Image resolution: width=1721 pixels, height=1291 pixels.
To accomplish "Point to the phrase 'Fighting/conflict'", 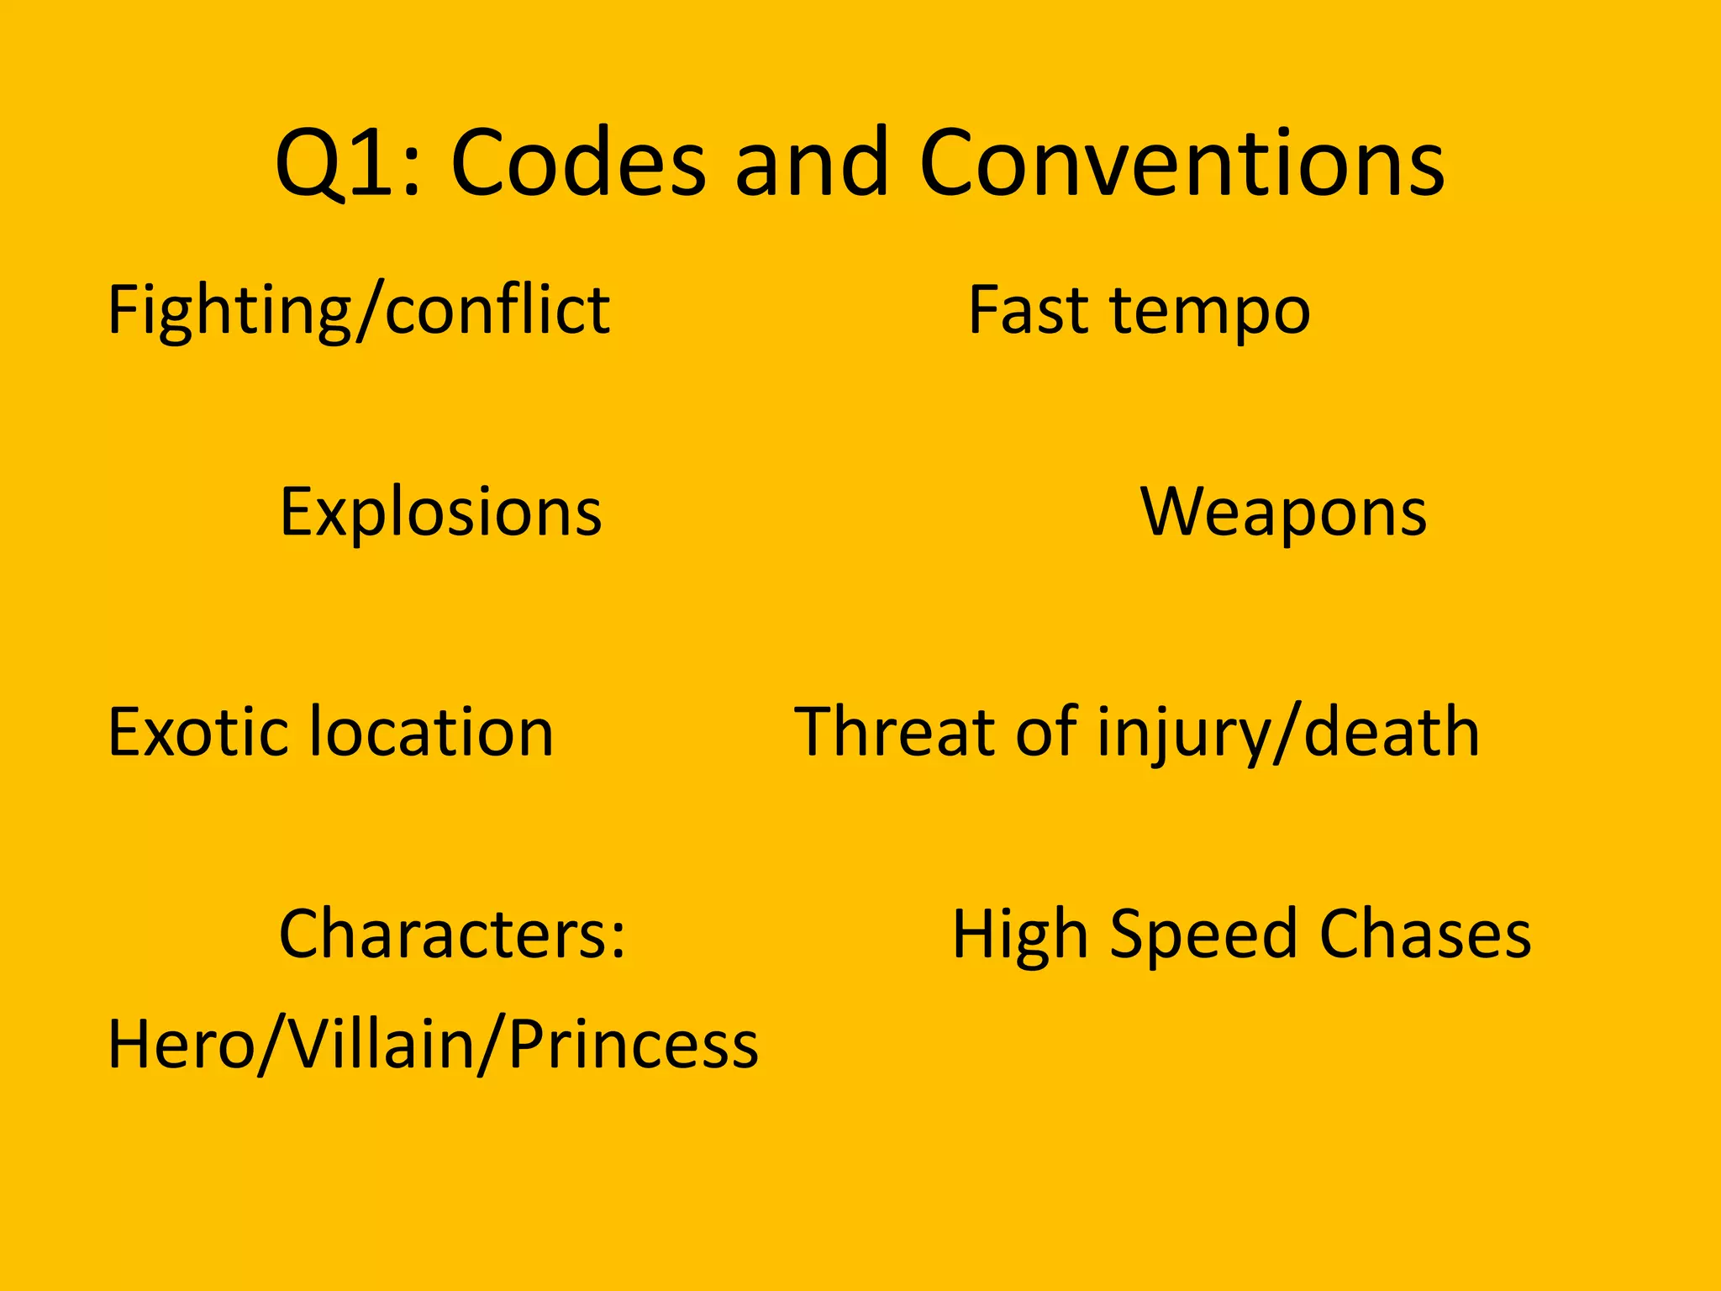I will pos(359,311).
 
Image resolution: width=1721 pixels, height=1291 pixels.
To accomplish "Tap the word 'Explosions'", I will pos(440,513).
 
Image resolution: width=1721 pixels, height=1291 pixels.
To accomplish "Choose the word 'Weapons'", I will pos(1283,513).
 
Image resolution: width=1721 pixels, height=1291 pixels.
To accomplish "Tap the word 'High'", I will pos(1020,935).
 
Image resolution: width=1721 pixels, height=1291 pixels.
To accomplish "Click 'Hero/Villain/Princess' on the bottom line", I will pos(433,1044).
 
